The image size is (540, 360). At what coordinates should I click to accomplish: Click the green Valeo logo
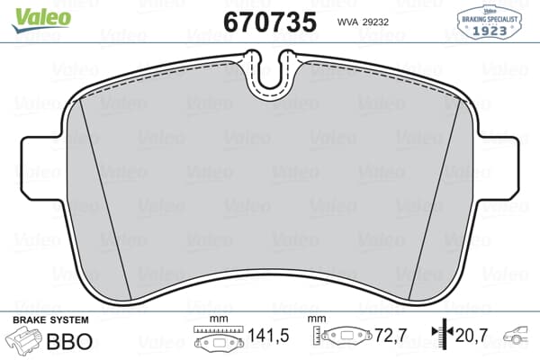[x=41, y=20]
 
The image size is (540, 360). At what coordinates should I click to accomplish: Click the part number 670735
[x=270, y=22]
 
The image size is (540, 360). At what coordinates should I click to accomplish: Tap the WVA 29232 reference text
[x=363, y=22]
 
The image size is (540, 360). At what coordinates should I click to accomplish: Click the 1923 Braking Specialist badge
[x=489, y=22]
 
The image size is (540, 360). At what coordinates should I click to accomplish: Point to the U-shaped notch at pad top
[x=271, y=75]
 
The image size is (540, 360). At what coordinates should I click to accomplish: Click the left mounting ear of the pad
[x=44, y=168]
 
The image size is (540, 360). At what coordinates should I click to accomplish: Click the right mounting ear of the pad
[x=496, y=168]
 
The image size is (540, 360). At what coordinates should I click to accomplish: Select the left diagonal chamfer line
[x=105, y=199]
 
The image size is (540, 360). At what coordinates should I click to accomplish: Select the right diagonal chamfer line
[x=435, y=199]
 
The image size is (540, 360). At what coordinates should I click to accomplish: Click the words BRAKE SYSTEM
[x=50, y=320]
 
